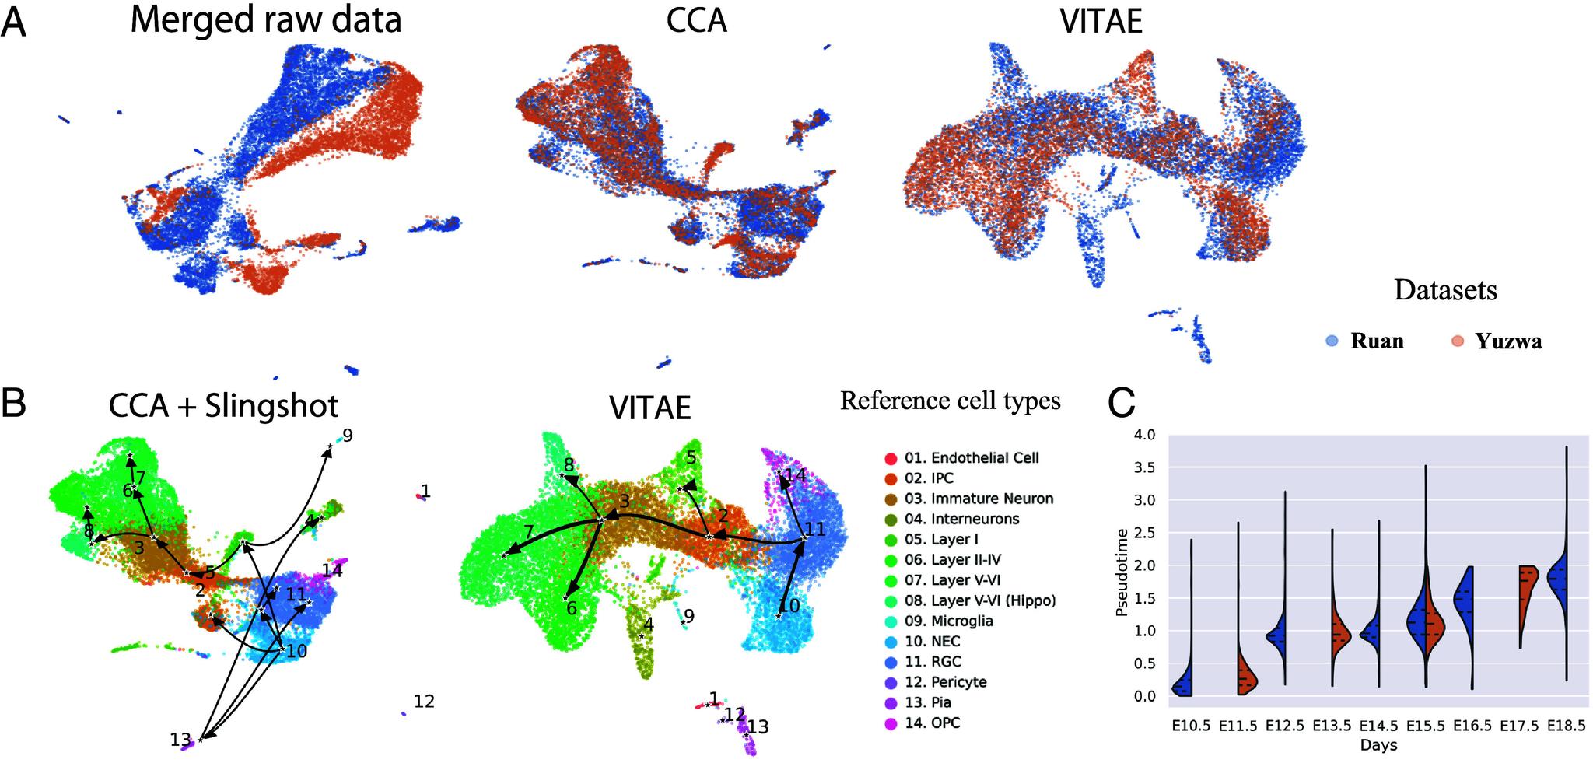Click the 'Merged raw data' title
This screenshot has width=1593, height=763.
(265, 19)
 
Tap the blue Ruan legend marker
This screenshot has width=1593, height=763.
(1332, 341)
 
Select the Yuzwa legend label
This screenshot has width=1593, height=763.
(1508, 341)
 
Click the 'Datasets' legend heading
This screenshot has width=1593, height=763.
(1444, 290)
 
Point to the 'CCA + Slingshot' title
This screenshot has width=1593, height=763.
(224, 405)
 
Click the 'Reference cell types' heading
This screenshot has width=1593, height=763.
(950, 401)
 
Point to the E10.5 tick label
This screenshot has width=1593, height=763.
(1191, 726)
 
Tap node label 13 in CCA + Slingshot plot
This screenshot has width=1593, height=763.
(180, 739)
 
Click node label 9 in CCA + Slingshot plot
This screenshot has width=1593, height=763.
(347, 436)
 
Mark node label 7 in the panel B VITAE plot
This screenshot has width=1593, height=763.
(528, 533)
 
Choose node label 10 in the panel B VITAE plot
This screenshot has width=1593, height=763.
(789, 604)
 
